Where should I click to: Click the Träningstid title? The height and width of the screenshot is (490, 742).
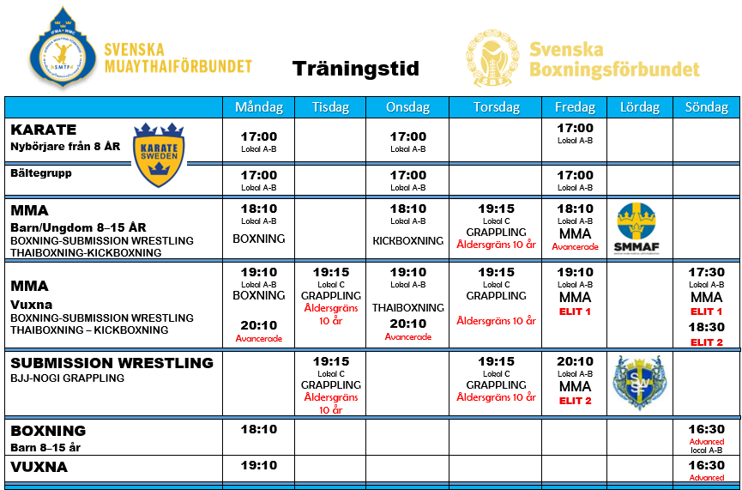[x=355, y=69]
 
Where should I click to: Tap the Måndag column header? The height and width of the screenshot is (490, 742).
[x=258, y=107]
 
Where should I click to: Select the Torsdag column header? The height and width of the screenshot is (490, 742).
[x=496, y=107]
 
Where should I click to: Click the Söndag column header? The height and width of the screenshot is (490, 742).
[x=706, y=107]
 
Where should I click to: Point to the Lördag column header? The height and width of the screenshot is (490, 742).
[x=639, y=107]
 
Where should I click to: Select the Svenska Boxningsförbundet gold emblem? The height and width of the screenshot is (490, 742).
[x=492, y=58]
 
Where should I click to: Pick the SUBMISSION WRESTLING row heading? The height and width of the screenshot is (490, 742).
[x=112, y=363]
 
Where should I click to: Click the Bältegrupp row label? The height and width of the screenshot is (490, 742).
[x=40, y=172]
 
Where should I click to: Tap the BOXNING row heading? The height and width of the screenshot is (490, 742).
[x=48, y=431]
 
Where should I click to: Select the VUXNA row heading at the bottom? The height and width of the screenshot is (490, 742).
[x=39, y=467]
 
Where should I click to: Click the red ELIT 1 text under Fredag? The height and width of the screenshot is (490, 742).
[x=575, y=312]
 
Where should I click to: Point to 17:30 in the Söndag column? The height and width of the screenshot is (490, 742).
[x=706, y=272]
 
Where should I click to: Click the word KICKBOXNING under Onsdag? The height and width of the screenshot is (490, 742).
[x=407, y=241]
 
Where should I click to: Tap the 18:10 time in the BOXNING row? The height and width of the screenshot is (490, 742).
[x=258, y=429]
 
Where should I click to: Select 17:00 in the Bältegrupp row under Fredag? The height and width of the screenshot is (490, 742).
[x=575, y=176]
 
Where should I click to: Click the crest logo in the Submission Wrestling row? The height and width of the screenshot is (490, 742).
[x=639, y=382]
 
